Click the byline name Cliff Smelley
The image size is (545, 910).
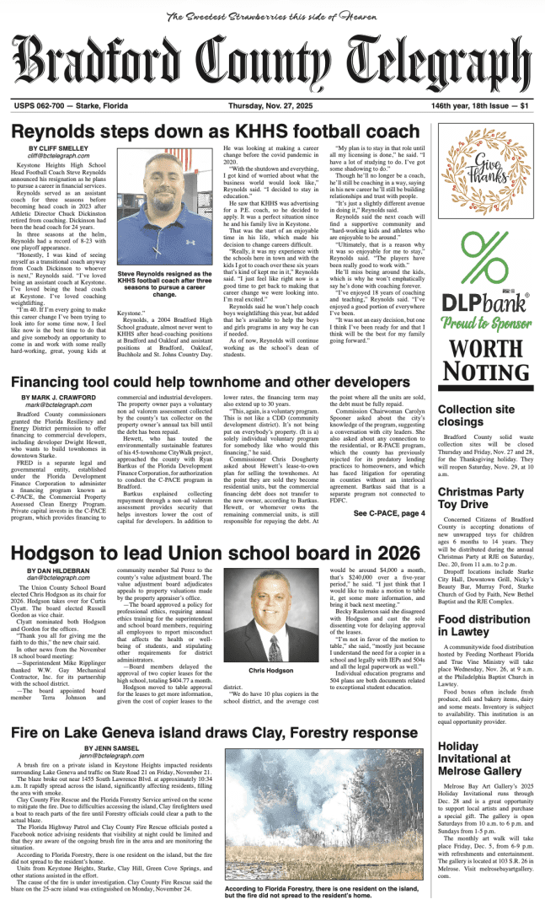click(63, 147)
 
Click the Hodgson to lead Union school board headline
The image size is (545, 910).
click(215, 552)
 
